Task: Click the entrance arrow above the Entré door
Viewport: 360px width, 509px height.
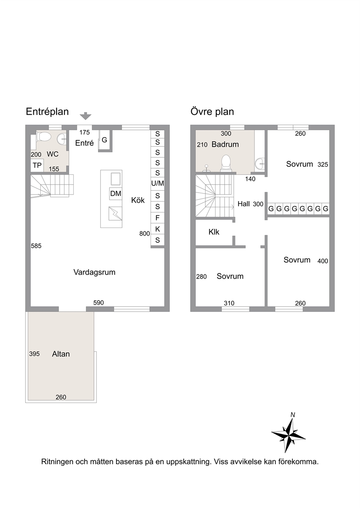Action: pyautogui.click(x=85, y=116)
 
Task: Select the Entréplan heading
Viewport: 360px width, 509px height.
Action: pyautogui.click(x=47, y=112)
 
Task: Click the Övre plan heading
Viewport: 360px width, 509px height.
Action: pyautogui.click(x=212, y=112)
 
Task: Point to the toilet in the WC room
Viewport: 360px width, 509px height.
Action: pyautogui.click(x=44, y=136)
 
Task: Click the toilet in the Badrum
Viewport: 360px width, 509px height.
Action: pyautogui.click(x=226, y=163)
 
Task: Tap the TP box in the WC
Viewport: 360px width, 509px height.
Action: pyautogui.click(x=37, y=165)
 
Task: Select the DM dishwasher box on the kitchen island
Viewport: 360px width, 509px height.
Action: pyautogui.click(x=115, y=194)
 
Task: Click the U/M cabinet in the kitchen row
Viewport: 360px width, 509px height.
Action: pyautogui.click(x=157, y=183)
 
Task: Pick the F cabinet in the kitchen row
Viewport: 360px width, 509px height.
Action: pyautogui.click(x=157, y=218)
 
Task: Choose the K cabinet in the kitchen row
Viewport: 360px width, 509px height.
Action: pyautogui.click(x=157, y=229)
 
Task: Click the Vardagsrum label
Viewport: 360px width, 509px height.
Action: pyautogui.click(x=94, y=272)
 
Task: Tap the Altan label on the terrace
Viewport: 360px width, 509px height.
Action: pyautogui.click(x=61, y=354)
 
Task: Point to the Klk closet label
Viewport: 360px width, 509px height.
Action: pyautogui.click(x=214, y=232)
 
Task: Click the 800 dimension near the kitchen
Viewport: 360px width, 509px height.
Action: pyautogui.click(x=144, y=233)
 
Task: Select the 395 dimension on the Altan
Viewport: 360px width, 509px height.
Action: pyautogui.click(x=34, y=354)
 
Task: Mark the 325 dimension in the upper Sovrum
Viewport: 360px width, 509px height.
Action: pyautogui.click(x=323, y=164)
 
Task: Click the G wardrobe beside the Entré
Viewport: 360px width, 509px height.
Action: pyautogui.click(x=104, y=140)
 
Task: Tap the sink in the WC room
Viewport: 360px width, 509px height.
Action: pyautogui.click(x=61, y=139)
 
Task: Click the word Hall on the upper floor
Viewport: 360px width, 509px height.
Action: pyautogui.click(x=244, y=204)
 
